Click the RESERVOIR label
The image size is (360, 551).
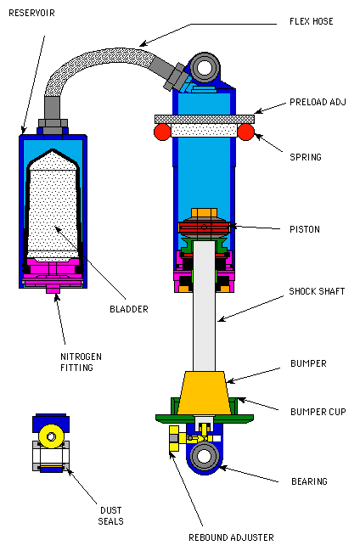click(x=31, y=13)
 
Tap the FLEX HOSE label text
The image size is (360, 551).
click(x=311, y=21)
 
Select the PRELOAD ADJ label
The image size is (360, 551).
click(x=318, y=102)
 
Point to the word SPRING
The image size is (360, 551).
click(x=305, y=157)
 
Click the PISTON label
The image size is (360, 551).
click(x=305, y=229)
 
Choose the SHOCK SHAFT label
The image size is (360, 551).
click(x=317, y=291)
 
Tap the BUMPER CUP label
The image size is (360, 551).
click(x=318, y=412)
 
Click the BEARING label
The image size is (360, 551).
click(x=309, y=481)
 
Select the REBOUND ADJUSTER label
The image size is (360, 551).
click(x=231, y=537)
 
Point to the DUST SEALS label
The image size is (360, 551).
click(x=110, y=515)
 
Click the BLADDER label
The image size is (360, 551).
click(x=129, y=309)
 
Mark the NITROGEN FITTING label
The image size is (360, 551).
click(x=81, y=363)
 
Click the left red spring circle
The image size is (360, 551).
click(x=162, y=132)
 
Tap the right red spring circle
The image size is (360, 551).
click(x=245, y=132)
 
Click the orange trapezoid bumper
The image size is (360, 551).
click(x=204, y=392)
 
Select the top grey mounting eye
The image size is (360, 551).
click(x=205, y=67)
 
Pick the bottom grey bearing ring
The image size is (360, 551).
click(x=205, y=457)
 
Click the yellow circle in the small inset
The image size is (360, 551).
click(x=51, y=436)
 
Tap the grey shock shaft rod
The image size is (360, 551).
click(x=205, y=306)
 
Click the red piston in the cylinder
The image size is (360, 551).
click(x=205, y=228)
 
